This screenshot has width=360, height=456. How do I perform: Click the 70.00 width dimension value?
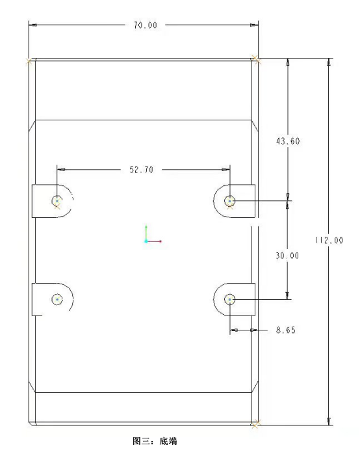tap(146, 25)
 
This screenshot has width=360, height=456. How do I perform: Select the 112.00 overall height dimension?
tap(329, 240)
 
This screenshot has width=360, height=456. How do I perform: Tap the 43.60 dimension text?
tap(288, 141)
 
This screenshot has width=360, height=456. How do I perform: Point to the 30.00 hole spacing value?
tap(287, 256)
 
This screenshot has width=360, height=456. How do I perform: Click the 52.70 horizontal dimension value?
tap(141, 170)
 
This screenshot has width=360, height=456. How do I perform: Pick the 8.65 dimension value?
tap(286, 330)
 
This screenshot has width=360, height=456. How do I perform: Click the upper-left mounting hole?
tap(57, 200)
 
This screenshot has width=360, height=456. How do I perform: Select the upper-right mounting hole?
tap(230, 200)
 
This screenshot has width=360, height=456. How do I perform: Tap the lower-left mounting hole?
tap(57, 299)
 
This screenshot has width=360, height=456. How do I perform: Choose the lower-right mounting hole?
tap(230, 299)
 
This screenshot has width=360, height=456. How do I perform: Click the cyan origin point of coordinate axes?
tap(146, 241)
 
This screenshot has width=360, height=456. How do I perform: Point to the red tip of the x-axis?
tap(161, 241)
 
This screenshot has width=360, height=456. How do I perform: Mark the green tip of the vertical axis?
tap(146, 227)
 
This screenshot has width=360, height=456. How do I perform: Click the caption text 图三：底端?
tap(155, 441)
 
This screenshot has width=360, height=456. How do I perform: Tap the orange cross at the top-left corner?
tap(29, 61)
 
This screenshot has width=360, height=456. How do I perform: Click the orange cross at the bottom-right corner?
tap(255, 424)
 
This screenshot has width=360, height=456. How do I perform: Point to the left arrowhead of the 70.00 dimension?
tap(32, 25)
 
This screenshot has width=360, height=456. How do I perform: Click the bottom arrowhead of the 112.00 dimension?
tap(329, 422)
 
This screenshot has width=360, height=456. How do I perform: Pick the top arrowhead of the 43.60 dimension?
tap(288, 62)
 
